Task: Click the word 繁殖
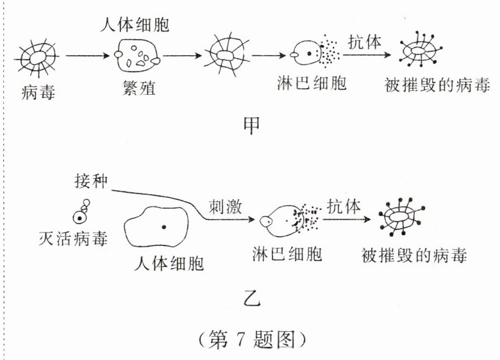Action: click(138, 87)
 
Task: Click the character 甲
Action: click(251, 126)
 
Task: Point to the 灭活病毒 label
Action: click(72, 240)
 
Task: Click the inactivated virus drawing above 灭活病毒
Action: click(82, 212)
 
